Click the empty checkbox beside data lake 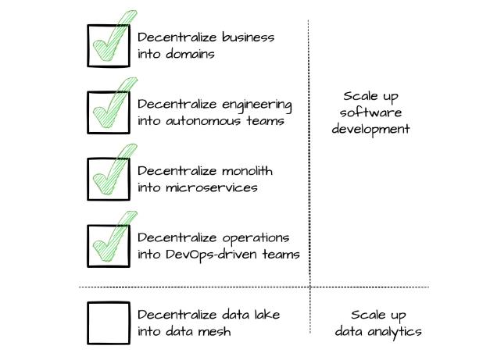tap(88, 323)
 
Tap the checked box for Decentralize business tap(88, 45)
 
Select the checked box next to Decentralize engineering tap(88, 112)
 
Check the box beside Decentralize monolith tap(88, 180)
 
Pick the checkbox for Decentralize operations tap(88, 246)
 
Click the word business tap(248, 37)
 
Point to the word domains tap(190, 54)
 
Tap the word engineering tap(257, 105)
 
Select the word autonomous tap(203, 121)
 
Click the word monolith tap(247, 171)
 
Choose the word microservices tap(212, 187)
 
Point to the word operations tap(256, 238)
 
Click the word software tap(370, 112)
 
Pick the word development tap(370, 130)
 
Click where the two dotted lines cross tap(310, 287)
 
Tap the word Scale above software tap(360, 96)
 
